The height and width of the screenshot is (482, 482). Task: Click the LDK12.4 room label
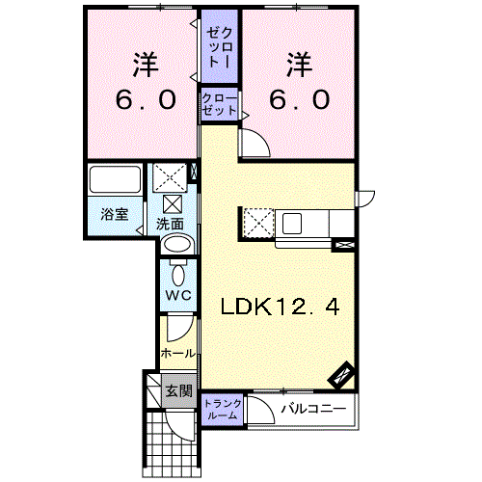[280, 307]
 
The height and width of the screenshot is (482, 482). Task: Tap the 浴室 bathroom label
[115, 214]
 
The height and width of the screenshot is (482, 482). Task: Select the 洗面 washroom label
[170, 224]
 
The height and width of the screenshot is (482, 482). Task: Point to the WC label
[178, 295]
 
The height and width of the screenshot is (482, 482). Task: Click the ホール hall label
[178, 354]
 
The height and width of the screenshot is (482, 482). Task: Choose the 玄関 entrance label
[179, 391]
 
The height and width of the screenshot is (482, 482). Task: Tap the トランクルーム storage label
[223, 409]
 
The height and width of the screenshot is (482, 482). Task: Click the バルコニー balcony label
[314, 409]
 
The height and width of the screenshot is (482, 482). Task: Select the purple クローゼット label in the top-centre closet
[220, 105]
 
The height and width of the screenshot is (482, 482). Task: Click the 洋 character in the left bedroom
[146, 65]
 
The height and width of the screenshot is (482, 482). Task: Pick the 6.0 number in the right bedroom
[300, 99]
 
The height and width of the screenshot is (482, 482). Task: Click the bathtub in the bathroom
[116, 179]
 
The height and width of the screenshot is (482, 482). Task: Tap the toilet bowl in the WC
[178, 276]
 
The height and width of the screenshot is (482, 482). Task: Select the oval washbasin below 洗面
[177, 245]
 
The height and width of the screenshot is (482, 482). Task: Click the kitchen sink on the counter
[292, 224]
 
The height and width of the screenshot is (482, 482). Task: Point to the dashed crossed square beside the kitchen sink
[258, 224]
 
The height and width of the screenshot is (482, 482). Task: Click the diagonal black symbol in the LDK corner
[341, 375]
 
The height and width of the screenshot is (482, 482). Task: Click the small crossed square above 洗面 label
[173, 204]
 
